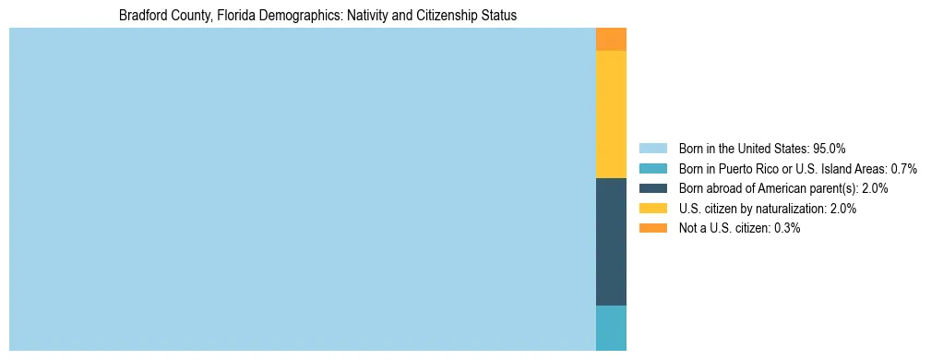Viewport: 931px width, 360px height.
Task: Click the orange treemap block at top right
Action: click(x=611, y=39)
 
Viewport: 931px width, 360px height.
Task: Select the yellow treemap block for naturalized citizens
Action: click(x=611, y=114)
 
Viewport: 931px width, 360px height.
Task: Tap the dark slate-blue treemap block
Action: click(x=611, y=241)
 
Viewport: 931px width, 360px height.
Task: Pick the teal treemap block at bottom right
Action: click(x=611, y=328)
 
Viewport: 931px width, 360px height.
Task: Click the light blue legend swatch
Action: click(x=653, y=149)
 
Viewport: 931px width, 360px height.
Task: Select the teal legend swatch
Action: click(x=653, y=169)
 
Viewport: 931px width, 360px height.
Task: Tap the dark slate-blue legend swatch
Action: click(x=653, y=188)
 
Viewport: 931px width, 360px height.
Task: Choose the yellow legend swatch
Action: click(x=653, y=209)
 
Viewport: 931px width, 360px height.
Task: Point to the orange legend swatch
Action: click(x=653, y=229)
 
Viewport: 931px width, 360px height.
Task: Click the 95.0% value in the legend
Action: click(x=830, y=149)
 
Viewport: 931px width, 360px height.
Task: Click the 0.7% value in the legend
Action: click(x=903, y=169)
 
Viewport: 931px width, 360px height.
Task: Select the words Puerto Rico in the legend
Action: click(x=748, y=169)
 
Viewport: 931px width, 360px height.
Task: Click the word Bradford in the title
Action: click(x=142, y=16)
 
